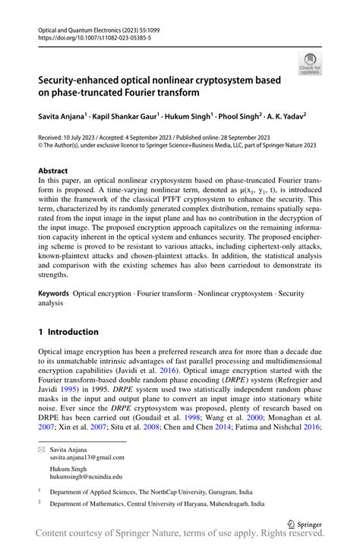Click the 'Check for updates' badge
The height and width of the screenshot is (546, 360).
click(x=309, y=65)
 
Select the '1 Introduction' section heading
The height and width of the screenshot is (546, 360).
click(x=68, y=332)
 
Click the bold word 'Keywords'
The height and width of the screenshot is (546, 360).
click(x=55, y=292)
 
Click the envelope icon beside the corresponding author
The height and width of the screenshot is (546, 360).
click(x=43, y=448)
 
